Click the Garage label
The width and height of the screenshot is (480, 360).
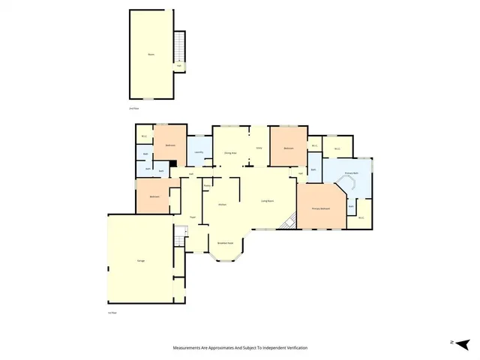[141, 260]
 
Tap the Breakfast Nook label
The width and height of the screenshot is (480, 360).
[225, 243]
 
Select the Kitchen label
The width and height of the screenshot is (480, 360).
[222, 204]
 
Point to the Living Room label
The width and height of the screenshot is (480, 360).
[267, 201]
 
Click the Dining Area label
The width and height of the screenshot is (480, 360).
[230, 152]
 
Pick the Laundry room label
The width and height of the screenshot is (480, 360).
[199, 152]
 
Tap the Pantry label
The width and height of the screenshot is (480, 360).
[206, 186]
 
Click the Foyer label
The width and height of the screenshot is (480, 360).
[193, 217]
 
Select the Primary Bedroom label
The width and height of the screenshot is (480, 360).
[321, 208]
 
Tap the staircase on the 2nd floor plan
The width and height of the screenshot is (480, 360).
[179, 48]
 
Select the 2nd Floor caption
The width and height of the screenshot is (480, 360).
[134, 109]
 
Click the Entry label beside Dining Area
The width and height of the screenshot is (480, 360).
[259, 148]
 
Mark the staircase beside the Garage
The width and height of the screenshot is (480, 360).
[179, 237]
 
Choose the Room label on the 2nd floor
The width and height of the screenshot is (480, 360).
[151, 54]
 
